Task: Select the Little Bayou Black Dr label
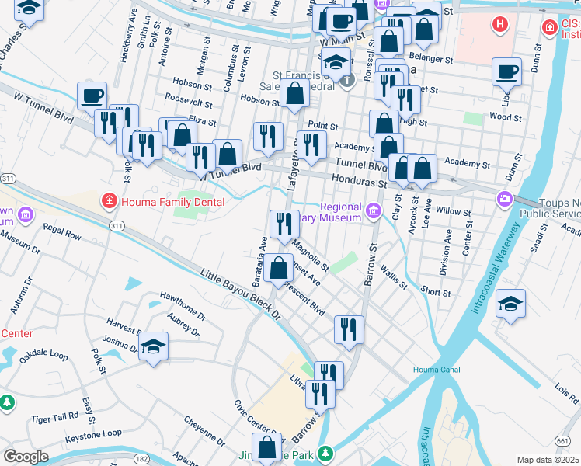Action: pos(240,295)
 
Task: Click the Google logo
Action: pos(26,456)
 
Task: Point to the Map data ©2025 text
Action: pos(547,460)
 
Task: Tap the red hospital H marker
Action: pos(501,24)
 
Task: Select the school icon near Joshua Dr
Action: pos(154,347)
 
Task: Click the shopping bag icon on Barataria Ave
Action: pos(279,268)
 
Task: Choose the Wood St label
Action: pos(505,116)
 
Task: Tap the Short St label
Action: pos(435,293)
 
